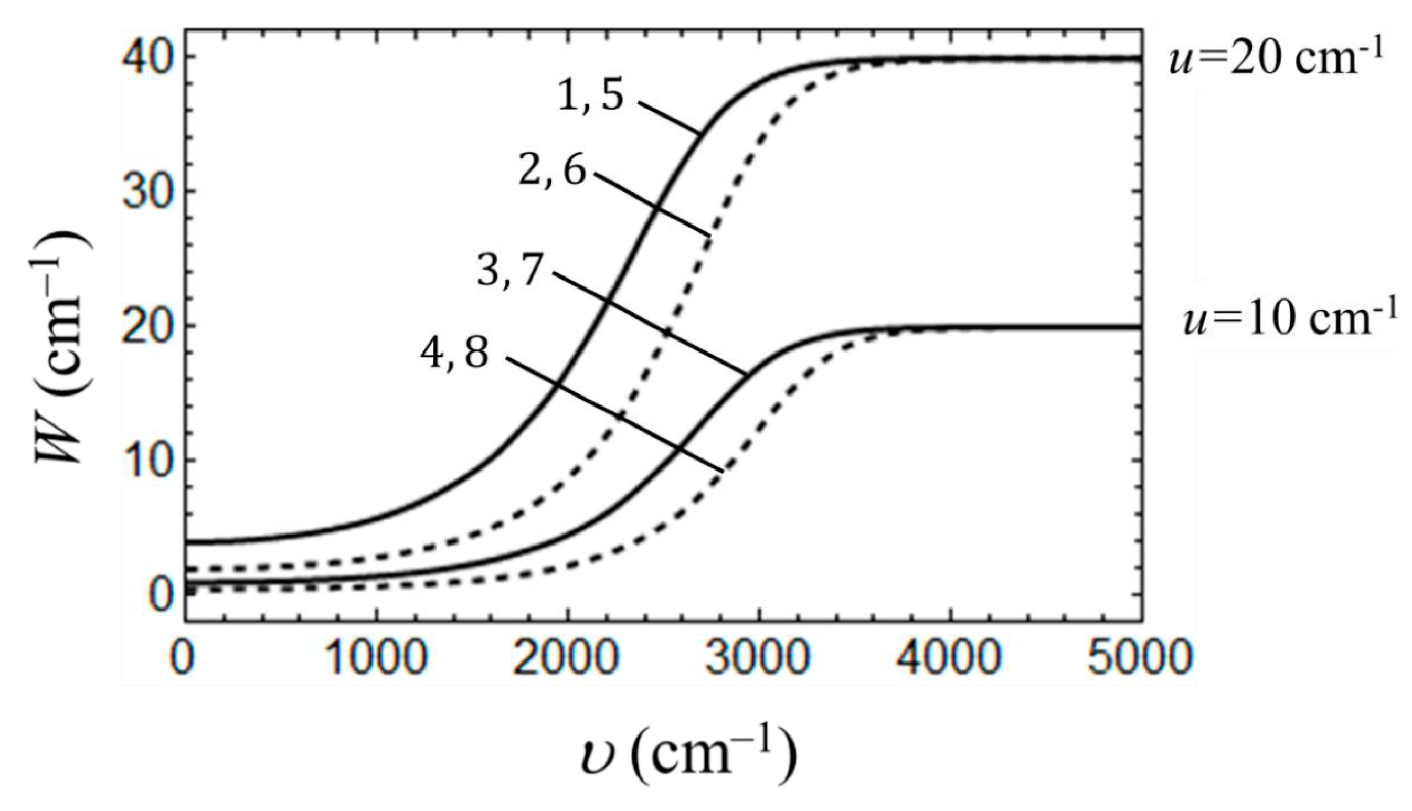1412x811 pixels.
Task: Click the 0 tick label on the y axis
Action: [x=162, y=595]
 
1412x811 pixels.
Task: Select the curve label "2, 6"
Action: [x=552, y=170]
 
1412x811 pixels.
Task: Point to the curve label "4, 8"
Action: [x=454, y=355]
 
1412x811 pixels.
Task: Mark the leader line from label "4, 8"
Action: [x=615, y=415]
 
